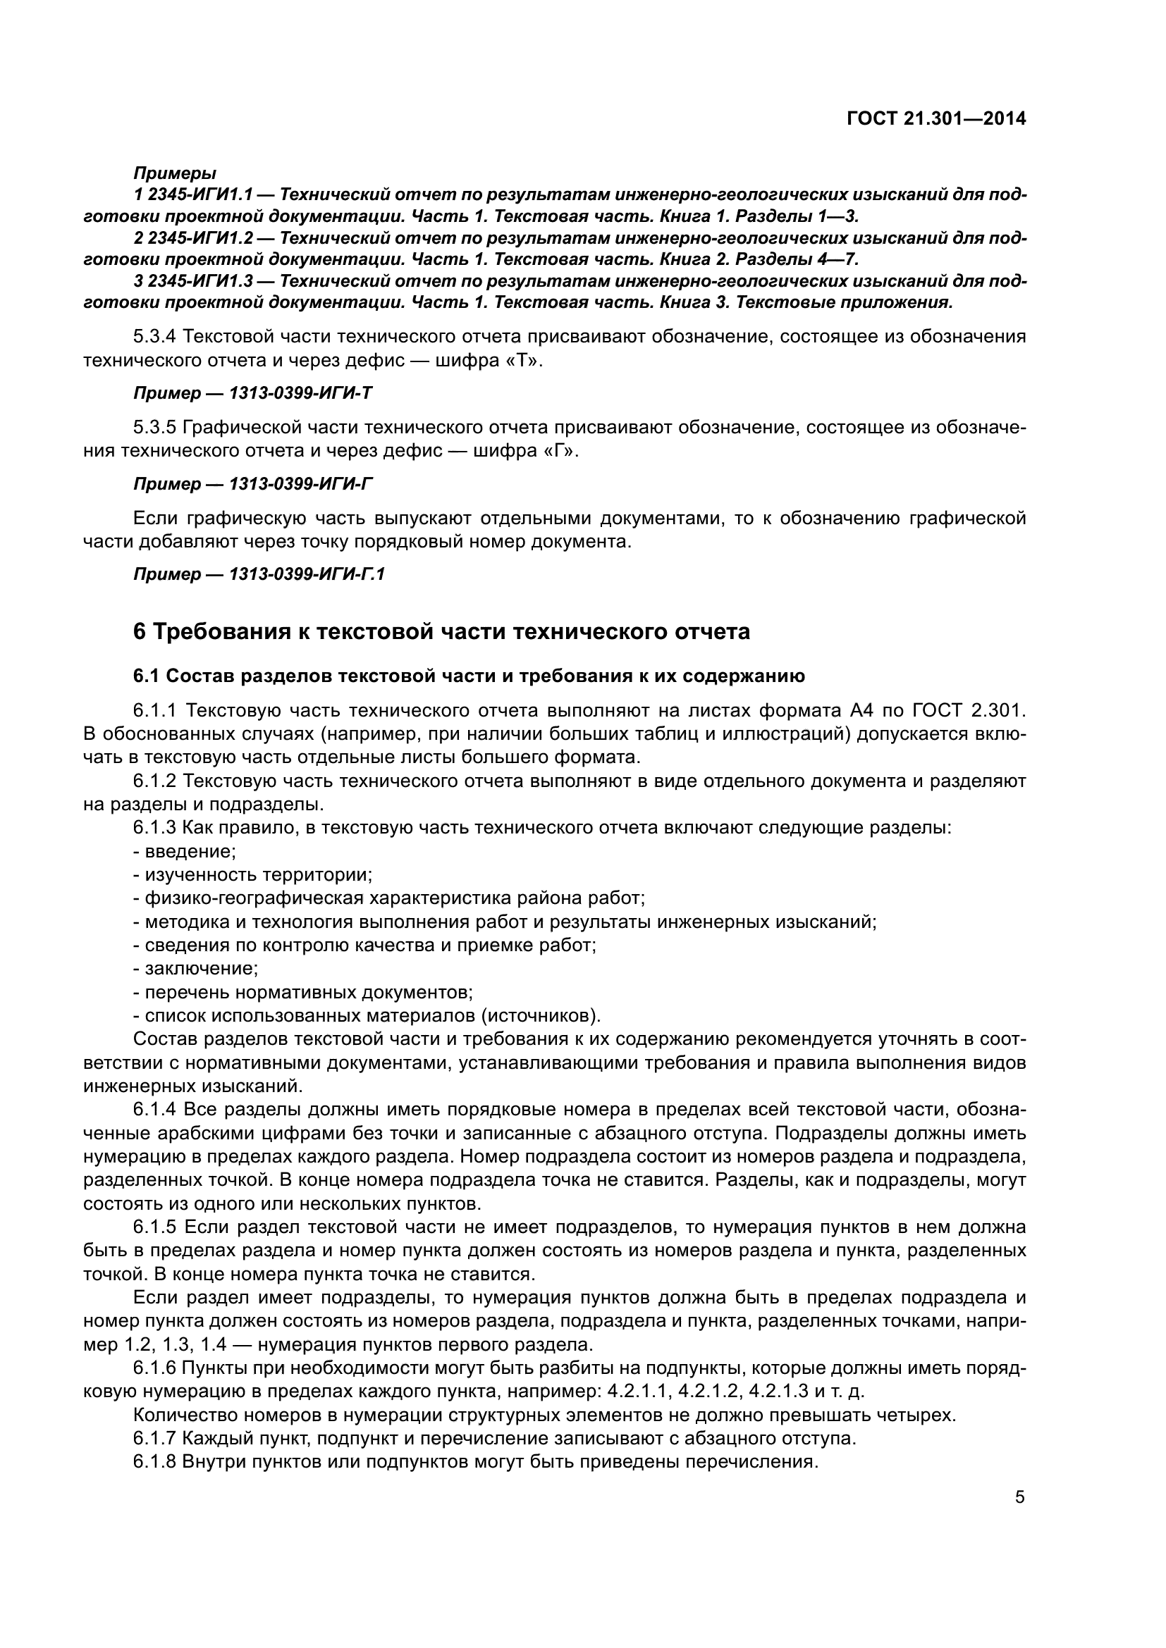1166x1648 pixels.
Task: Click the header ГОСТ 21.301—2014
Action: (936, 118)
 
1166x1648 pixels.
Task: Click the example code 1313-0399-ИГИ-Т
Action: (301, 393)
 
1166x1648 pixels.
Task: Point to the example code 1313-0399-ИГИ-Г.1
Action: (307, 575)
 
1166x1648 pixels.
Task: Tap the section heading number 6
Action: (140, 631)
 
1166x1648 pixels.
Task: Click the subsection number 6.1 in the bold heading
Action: (147, 676)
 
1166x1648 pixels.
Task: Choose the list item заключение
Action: (200, 969)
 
